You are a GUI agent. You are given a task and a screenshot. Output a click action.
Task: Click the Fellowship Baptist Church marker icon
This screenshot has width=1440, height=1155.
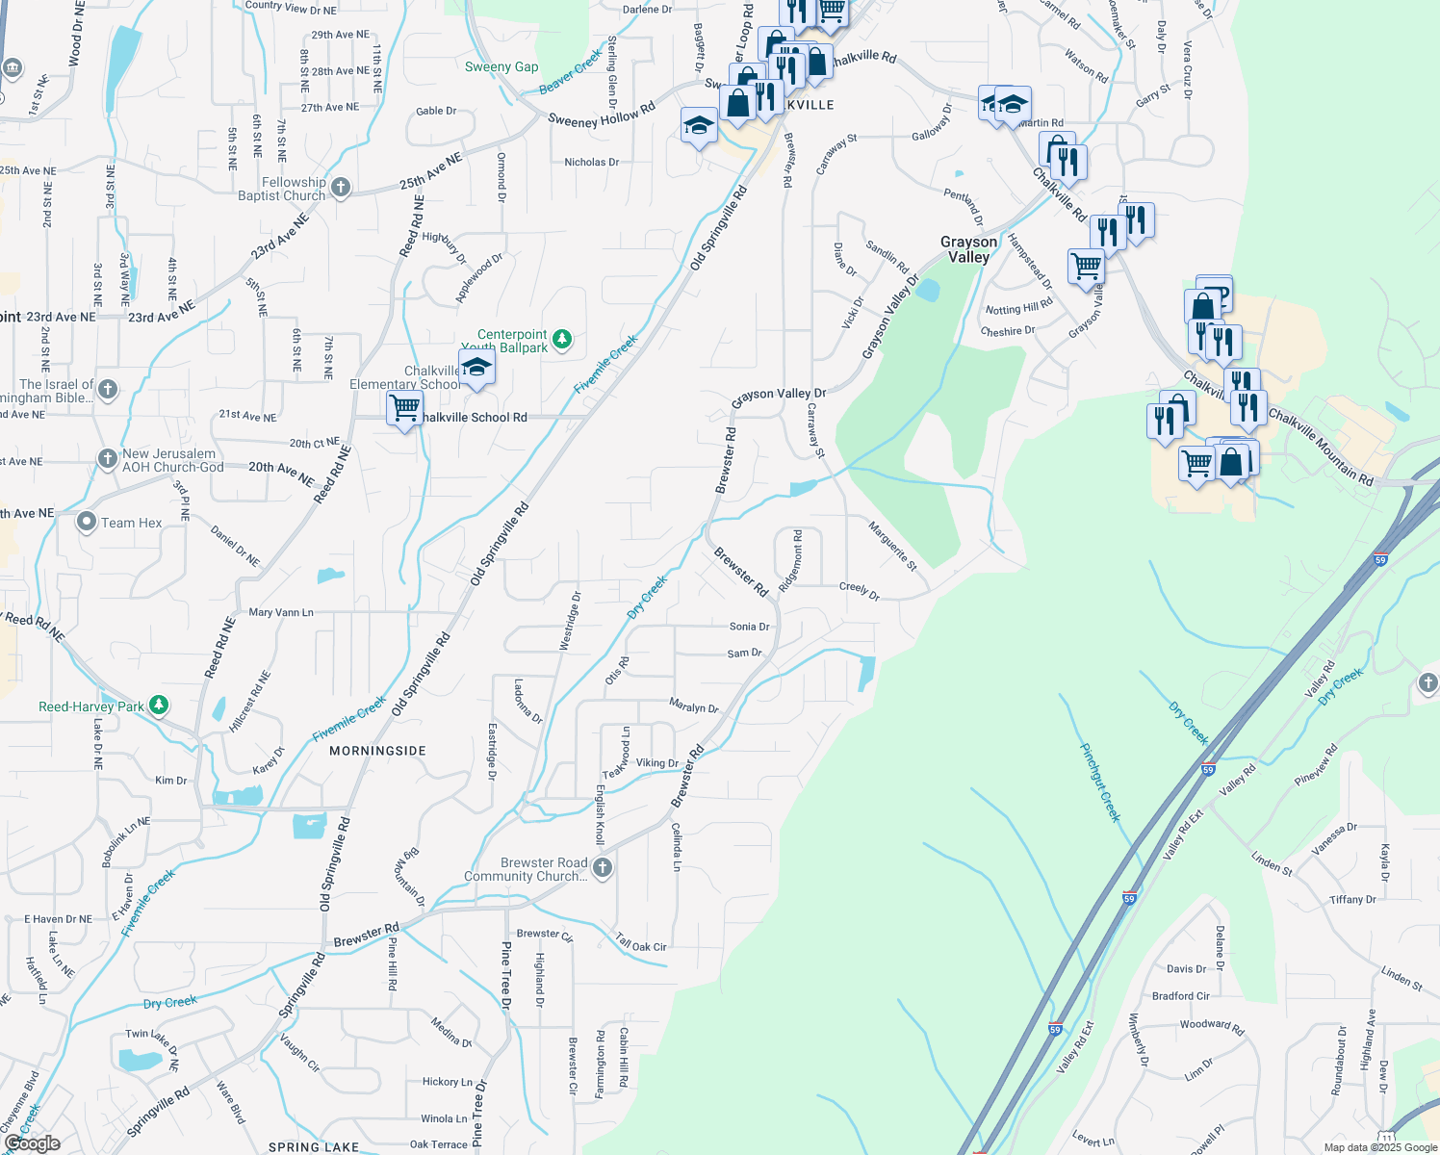click(341, 188)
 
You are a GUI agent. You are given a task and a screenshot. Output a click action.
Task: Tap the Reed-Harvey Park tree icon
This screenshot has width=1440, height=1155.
click(159, 706)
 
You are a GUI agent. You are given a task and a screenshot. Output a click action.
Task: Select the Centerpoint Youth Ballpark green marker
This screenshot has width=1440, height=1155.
click(563, 339)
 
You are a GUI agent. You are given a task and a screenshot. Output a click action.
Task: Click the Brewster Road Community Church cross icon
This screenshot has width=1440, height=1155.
click(603, 868)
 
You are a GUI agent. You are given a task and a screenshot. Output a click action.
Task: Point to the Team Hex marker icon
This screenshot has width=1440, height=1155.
click(87, 523)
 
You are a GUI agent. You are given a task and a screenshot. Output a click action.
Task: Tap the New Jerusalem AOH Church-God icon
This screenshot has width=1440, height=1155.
click(108, 458)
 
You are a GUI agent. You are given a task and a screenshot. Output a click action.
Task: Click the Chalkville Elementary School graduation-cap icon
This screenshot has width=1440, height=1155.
click(476, 368)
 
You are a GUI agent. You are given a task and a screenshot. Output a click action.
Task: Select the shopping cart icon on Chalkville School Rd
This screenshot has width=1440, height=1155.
click(404, 409)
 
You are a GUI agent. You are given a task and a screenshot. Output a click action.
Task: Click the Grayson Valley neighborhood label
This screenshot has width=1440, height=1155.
click(968, 249)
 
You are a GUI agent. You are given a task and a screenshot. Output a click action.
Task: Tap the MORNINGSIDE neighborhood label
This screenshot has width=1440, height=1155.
click(377, 751)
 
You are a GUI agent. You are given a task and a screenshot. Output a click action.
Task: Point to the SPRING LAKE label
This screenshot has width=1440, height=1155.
click(314, 1147)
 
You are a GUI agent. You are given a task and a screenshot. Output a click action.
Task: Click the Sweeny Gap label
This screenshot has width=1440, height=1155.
click(501, 67)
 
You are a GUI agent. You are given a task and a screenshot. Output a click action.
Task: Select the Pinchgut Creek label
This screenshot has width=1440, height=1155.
click(1100, 783)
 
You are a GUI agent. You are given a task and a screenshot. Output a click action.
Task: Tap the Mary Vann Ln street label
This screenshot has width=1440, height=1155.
click(281, 612)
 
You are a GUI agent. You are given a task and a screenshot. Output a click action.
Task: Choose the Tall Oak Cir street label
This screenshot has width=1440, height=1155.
click(641, 944)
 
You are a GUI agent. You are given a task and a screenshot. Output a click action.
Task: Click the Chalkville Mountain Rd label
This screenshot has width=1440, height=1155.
click(1321, 445)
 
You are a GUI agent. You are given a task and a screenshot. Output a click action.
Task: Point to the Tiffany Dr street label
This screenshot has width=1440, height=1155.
click(1352, 900)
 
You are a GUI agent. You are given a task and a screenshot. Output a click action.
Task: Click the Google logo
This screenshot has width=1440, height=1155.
click(32, 1143)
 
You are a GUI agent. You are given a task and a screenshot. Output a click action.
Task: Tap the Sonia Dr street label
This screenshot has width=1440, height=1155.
click(749, 627)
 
